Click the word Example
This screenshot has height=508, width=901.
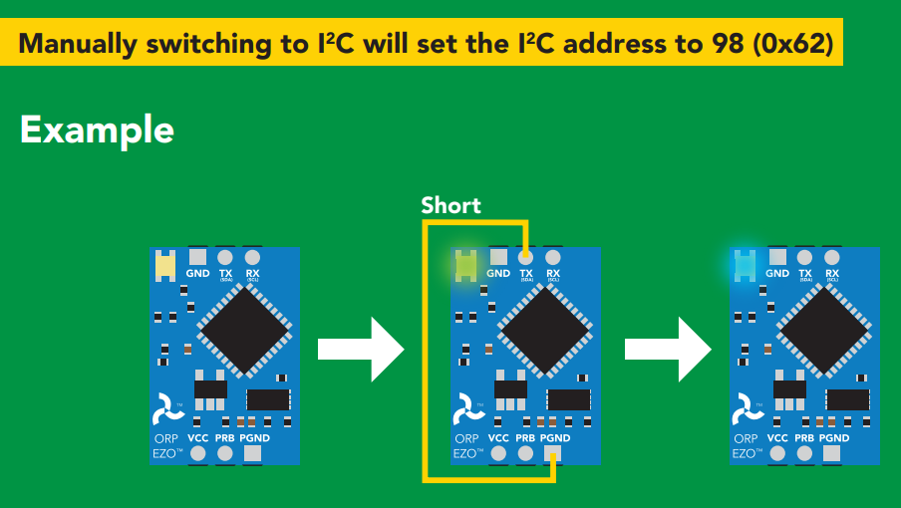pos(97,129)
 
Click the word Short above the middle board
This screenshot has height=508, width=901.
pos(450,206)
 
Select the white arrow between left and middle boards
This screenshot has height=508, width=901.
pos(361,349)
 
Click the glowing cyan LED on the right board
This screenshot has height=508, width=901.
pos(745,265)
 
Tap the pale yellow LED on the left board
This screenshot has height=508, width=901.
pos(164,265)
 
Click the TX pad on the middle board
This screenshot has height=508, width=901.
pos(526,256)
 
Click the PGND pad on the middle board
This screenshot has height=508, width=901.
pos(553,454)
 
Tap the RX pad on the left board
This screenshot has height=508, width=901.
pos(252,256)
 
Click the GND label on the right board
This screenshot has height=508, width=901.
pos(777,274)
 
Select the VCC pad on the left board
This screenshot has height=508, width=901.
pos(197,454)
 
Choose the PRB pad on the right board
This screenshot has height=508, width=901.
pos(805,454)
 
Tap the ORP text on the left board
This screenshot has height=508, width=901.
pos(165,438)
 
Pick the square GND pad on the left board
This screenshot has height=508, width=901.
pos(197,256)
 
